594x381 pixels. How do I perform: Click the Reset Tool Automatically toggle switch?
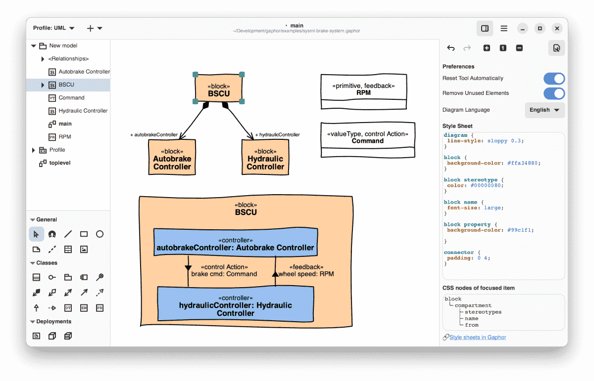click(554, 79)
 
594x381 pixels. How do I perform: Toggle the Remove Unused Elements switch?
click(554, 93)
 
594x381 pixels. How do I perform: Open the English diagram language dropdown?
click(544, 110)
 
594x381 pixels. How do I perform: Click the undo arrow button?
click(451, 48)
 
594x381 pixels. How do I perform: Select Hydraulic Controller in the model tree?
click(83, 111)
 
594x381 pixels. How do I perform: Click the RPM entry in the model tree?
click(65, 136)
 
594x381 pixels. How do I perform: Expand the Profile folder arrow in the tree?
click(34, 150)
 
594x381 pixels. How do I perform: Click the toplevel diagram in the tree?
click(60, 163)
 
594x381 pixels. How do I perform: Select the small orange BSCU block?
click(219, 88)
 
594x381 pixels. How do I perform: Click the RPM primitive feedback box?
click(363, 91)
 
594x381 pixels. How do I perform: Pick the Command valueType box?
click(368, 140)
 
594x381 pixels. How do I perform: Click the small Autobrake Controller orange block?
click(172, 157)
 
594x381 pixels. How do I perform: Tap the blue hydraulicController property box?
click(236, 304)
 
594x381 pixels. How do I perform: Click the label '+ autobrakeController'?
click(154, 135)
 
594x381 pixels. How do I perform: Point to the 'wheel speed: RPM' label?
click(306, 274)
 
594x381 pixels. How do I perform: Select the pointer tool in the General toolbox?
click(36, 234)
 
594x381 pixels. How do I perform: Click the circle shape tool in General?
click(99, 234)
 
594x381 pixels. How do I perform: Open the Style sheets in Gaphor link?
click(478, 338)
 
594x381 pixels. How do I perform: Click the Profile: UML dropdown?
click(53, 28)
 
